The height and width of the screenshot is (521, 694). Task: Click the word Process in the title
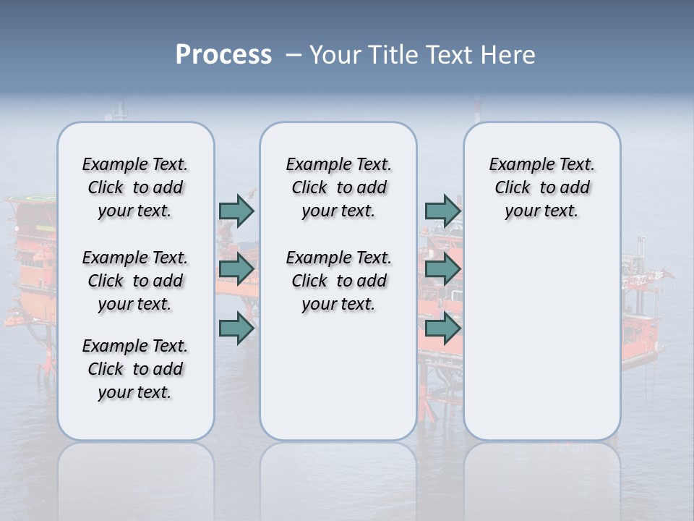[x=223, y=55]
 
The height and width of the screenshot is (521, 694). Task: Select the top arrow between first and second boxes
[x=236, y=211]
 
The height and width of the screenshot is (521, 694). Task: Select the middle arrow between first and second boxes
[x=236, y=269]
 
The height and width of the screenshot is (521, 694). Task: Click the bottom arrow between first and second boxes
[x=236, y=329]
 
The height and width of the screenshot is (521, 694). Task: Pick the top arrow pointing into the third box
[x=442, y=211]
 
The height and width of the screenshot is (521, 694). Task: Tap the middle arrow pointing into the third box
[x=442, y=269]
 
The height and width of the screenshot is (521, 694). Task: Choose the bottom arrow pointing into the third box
[x=442, y=329]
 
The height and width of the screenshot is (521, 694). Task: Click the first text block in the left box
[x=135, y=187]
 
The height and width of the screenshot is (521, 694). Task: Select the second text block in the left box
[x=135, y=281]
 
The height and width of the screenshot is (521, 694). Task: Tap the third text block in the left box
[x=135, y=369]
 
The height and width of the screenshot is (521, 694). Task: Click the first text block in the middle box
[x=338, y=187]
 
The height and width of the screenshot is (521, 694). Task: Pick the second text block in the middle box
[x=338, y=281]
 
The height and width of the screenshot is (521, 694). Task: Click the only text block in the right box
[x=541, y=187]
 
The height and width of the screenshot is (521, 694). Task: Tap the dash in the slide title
[x=294, y=55]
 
